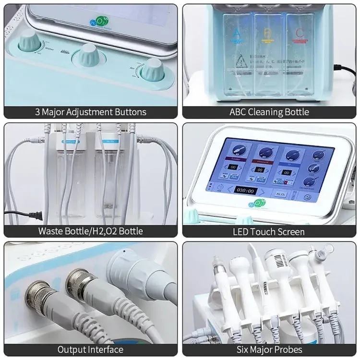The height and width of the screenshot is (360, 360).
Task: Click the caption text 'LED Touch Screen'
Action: point(268,231)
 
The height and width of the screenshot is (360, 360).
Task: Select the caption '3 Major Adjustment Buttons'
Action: point(90,112)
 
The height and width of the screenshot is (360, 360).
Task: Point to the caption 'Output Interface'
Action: point(90,349)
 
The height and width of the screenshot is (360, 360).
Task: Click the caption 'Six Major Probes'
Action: point(268,349)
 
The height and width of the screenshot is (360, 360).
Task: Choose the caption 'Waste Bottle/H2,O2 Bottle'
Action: point(90,231)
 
